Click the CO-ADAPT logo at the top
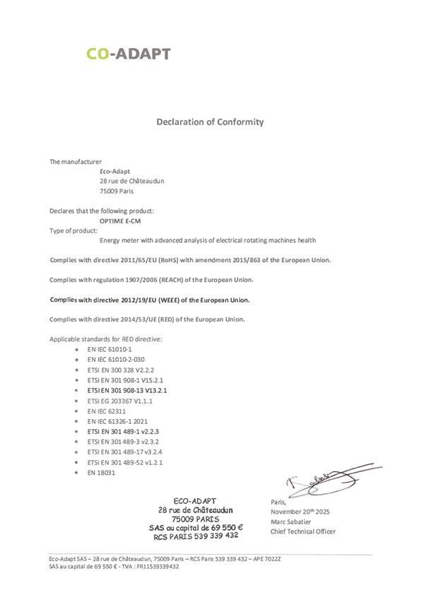click(x=128, y=53)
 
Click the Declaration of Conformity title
click(x=210, y=122)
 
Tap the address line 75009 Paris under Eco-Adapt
click(x=117, y=190)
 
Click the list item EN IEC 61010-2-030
click(x=117, y=359)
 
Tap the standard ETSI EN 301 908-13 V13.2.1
click(x=127, y=389)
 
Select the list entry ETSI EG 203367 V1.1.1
click(x=119, y=400)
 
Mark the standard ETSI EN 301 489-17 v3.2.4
click(x=124, y=451)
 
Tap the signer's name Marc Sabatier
click(x=293, y=521)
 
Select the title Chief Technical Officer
click(x=302, y=531)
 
